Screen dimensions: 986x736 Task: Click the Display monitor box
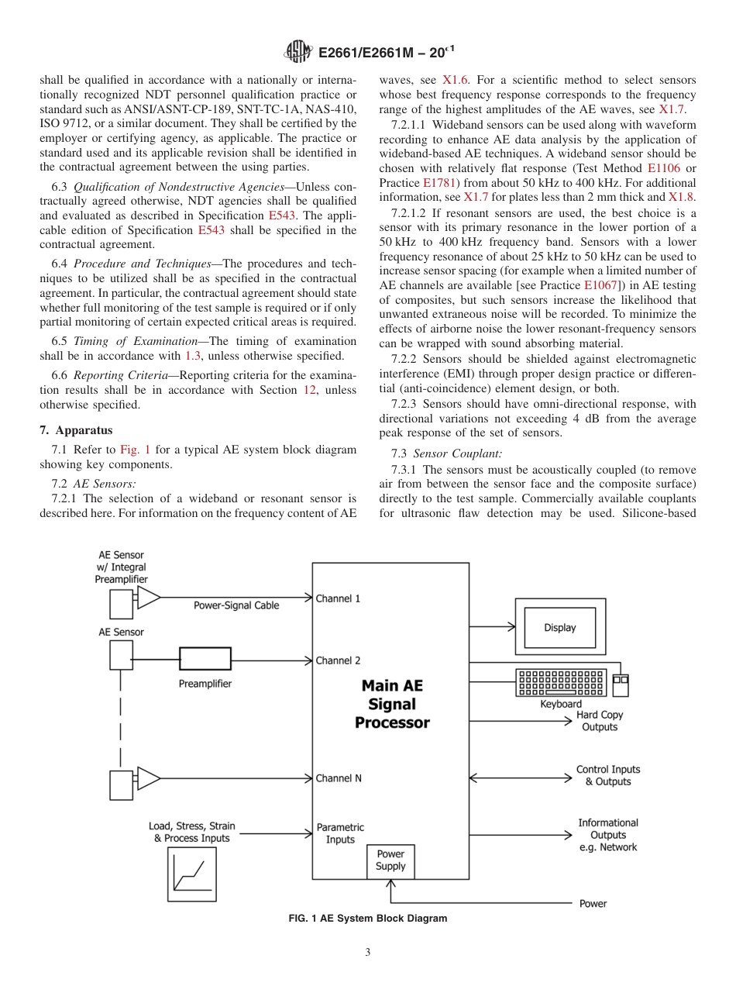pos(559,627)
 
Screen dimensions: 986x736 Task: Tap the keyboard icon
pos(560,682)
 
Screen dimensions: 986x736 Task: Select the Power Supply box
pos(390,860)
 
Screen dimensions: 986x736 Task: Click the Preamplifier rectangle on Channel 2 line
pos(205,659)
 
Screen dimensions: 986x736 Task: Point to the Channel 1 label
pos(338,598)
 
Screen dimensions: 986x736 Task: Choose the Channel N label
pos(339,778)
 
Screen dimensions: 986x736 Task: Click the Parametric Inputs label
pos(340,833)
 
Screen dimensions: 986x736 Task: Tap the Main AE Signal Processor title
pos(392,704)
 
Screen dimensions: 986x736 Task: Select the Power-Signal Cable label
pos(236,605)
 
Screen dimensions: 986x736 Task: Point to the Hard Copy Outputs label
pos(600,721)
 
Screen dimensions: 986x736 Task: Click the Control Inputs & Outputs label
pos(608,775)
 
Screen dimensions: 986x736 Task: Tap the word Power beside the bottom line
pos(593,904)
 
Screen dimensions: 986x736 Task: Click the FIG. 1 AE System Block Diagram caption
pos(367,919)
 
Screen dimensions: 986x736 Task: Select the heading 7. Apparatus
pos(76,430)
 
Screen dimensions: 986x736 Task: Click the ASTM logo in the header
pos(297,53)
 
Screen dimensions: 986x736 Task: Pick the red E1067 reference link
pos(600,284)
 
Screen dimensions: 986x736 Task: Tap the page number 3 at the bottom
pos(368,953)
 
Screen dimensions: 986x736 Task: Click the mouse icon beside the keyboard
pos(621,684)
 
